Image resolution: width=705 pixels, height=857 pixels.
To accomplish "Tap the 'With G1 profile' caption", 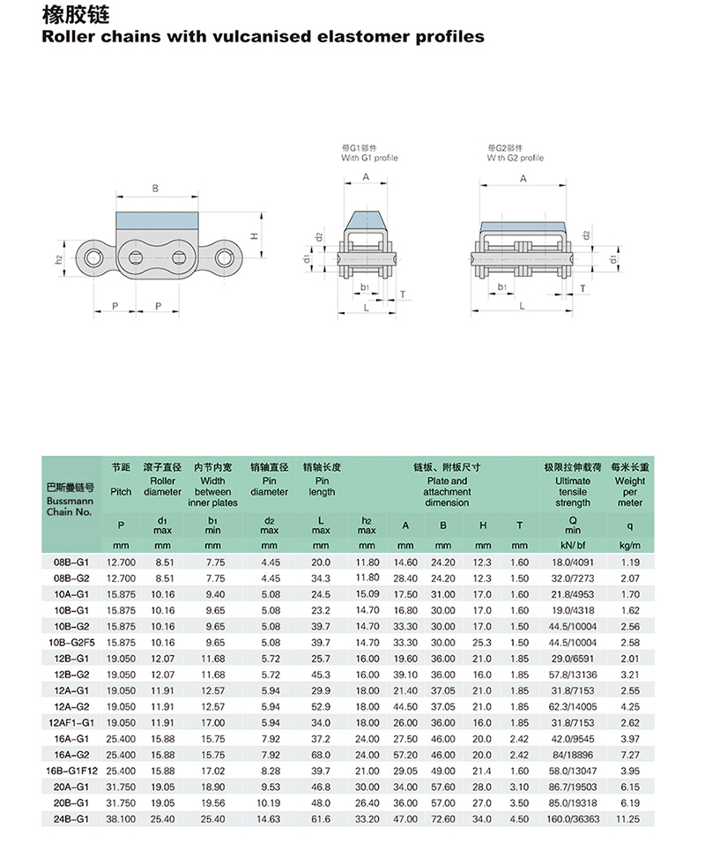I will pyautogui.click(x=369, y=159).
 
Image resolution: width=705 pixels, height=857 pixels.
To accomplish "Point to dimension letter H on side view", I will pyautogui.click(x=252, y=236).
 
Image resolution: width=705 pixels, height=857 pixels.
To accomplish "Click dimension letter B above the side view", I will pyautogui.click(x=155, y=188).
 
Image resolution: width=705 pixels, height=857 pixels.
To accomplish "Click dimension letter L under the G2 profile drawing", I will pyautogui.click(x=522, y=306).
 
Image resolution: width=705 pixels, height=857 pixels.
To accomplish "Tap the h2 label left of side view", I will pyautogui.click(x=58, y=259).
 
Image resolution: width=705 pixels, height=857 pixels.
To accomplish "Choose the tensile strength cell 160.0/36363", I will pyautogui.click(x=573, y=817).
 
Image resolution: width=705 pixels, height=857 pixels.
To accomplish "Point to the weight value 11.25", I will pyautogui.click(x=630, y=817).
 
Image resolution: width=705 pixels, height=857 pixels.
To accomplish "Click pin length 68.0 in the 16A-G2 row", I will pyautogui.click(x=321, y=754).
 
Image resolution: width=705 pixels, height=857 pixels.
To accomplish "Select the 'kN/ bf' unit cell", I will pyautogui.click(x=573, y=546).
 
